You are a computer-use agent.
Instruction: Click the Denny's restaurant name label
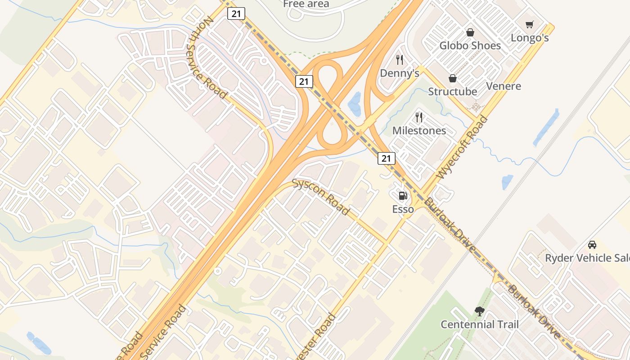click(x=400, y=73)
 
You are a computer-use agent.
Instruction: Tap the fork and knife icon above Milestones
click(x=419, y=117)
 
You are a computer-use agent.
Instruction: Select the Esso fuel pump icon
click(x=403, y=196)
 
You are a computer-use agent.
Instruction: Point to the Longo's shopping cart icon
click(x=530, y=24)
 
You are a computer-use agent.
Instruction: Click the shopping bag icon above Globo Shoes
click(x=470, y=32)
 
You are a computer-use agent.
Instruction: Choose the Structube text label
click(x=452, y=91)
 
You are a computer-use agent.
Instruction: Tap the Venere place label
click(x=504, y=86)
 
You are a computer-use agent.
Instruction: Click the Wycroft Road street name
click(x=462, y=148)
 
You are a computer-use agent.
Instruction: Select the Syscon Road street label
click(x=321, y=197)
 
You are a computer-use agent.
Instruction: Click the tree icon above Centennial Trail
click(x=480, y=311)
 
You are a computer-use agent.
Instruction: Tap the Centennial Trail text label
click(x=480, y=324)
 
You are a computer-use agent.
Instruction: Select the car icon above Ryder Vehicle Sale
click(x=592, y=245)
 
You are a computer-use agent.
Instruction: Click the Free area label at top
click(x=306, y=4)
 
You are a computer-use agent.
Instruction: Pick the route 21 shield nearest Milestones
click(x=387, y=158)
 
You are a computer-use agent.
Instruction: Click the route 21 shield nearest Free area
click(x=236, y=13)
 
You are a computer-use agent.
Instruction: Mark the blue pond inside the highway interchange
click(x=355, y=104)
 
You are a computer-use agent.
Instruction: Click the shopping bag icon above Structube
click(x=453, y=78)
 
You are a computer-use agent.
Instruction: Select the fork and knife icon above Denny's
click(x=399, y=59)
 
